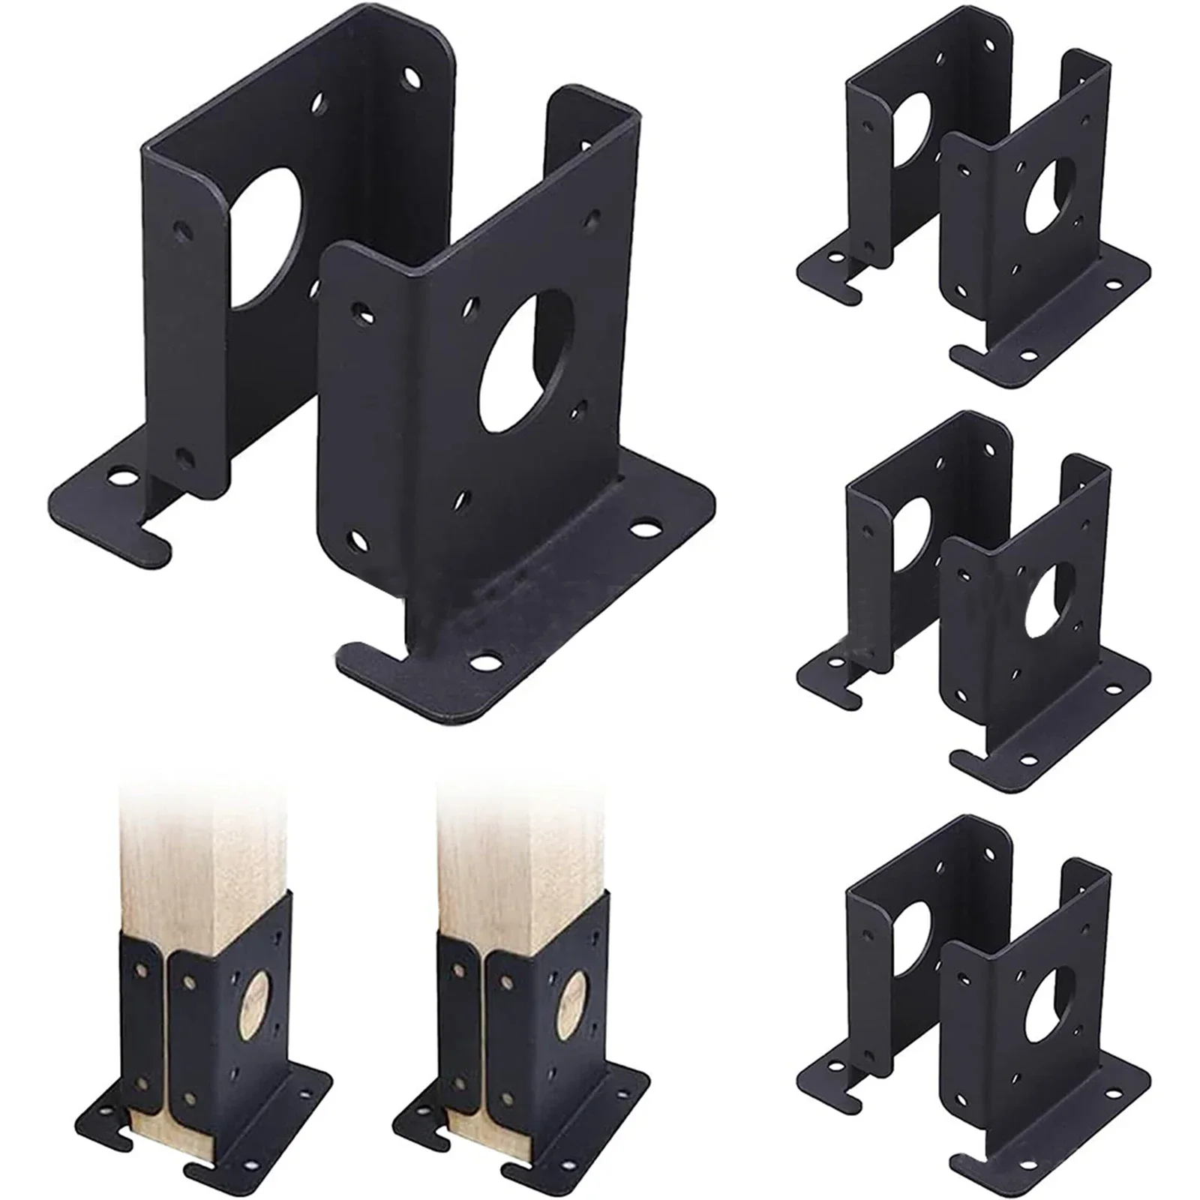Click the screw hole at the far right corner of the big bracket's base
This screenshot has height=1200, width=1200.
pos(641,529)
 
